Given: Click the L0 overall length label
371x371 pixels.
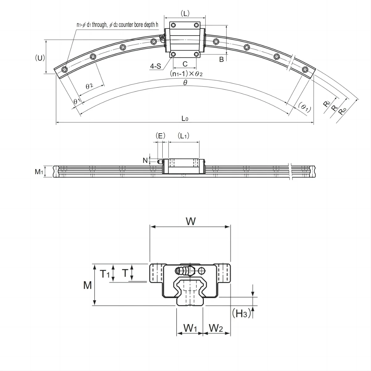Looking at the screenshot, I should click(x=185, y=118).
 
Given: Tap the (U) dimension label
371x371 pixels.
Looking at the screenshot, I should click(x=40, y=58).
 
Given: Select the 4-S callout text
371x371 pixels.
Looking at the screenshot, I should click(x=156, y=66).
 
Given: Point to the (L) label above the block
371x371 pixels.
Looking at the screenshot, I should click(x=185, y=13).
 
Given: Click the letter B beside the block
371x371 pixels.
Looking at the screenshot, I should click(x=221, y=60).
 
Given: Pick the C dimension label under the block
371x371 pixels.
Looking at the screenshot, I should click(x=185, y=64).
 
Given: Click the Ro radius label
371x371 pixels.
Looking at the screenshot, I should click(x=342, y=111).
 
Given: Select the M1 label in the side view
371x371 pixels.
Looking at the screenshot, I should click(x=39, y=172).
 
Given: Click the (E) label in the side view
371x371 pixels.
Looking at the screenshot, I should click(x=160, y=136).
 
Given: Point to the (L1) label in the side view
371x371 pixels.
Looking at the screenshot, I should click(x=184, y=136).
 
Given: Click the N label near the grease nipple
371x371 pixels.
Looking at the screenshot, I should click(x=145, y=160).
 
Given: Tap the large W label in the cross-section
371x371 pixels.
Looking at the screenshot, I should click(x=191, y=221).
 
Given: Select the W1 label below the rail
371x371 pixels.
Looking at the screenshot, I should click(x=190, y=328).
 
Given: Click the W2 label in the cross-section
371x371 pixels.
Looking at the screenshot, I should click(x=216, y=328).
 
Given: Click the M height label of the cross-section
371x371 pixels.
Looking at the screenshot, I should click(x=87, y=285).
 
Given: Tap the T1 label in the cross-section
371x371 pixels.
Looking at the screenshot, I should click(x=104, y=274).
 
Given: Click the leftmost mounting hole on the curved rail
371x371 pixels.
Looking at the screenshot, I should click(x=64, y=70).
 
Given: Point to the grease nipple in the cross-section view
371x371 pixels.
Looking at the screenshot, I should click(x=184, y=271).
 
